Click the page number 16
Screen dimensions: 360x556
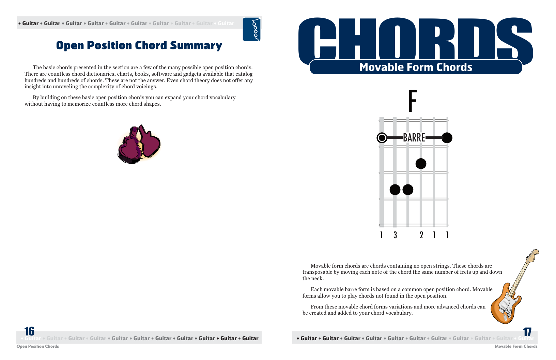pyautogui.click(x=29, y=331)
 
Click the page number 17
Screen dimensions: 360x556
pyautogui.click(x=527, y=332)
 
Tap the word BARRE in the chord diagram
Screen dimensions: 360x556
pyautogui.click(x=414, y=138)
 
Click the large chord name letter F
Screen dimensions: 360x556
pyautogui.click(x=412, y=101)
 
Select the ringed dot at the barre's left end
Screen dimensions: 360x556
pyautogui.click(x=382, y=138)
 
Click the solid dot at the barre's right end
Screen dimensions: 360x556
pyautogui.click(x=447, y=138)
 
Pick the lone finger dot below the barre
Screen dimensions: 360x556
pyautogui.click(x=421, y=164)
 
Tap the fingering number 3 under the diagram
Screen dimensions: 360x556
pyautogui.click(x=395, y=235)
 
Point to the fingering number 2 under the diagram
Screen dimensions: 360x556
pyautogui.click(x=421, y=235)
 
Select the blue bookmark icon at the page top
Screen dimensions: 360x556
pyautogui.click(x=252, y=29)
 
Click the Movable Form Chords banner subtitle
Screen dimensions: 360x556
pyautogui.click(x=416, y=67)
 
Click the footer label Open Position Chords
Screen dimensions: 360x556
pyautogui.click(x=37, y=346)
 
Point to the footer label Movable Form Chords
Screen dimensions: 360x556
pyautogui.click(x=516, y=346)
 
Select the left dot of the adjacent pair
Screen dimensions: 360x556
pyautogui.click(x=395, y=190)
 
